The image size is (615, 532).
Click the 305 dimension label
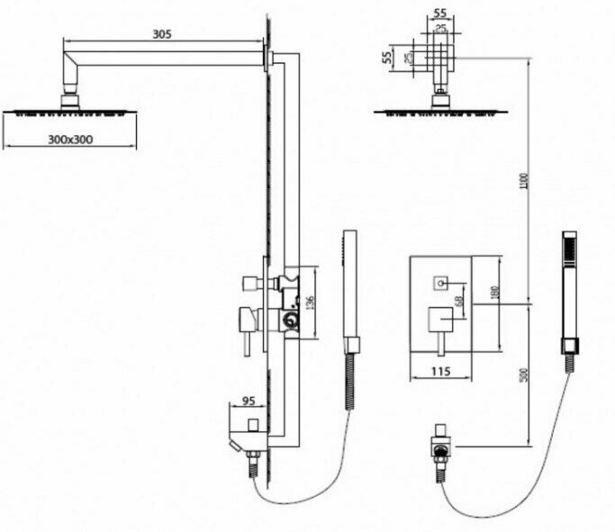[162, 33]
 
